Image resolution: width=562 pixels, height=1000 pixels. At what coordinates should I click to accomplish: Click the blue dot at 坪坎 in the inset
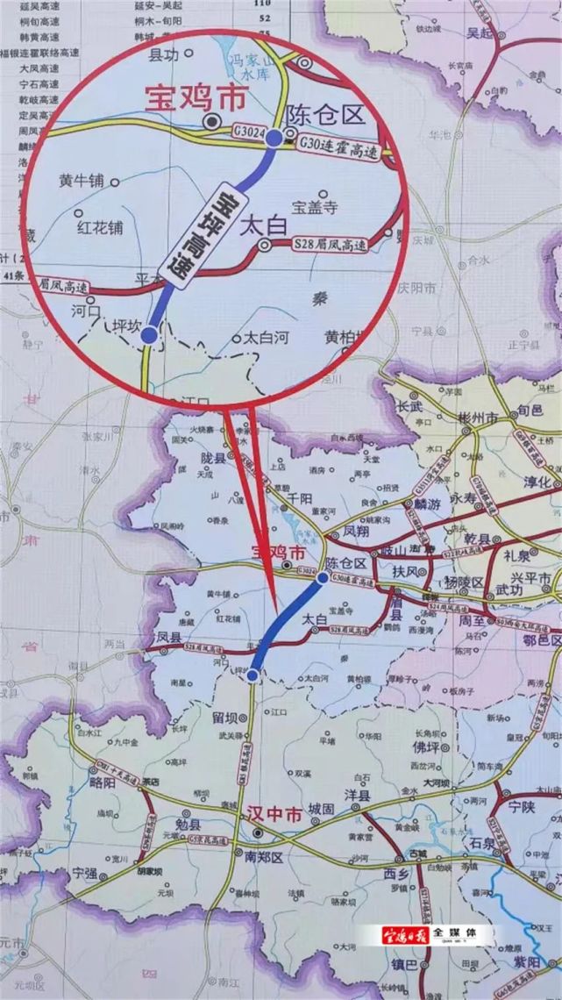pyautogui.click(x=149, y=334)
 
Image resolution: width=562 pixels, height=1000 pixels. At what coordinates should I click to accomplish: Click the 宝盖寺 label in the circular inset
pyautogui.click(x=315, y=208)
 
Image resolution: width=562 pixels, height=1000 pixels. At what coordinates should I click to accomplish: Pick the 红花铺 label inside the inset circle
pyautogui.click(x=99, y=226)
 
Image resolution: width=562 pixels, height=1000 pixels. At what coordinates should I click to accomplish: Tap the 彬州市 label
pyautogui.click(x=479, y=419)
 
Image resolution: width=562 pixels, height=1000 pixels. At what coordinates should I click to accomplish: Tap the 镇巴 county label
pyautogui.click(x=403, y=965)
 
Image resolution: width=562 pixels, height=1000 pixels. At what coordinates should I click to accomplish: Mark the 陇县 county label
pyautogui.click(x=213, y=457)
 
